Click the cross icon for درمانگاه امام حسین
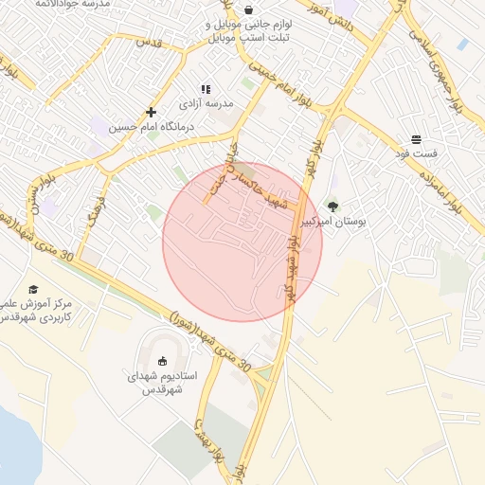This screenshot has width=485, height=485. (151, 112)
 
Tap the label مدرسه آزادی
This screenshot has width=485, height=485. (206, 101)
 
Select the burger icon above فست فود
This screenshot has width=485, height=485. (417, 139)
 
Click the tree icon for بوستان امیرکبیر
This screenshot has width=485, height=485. (332, 207)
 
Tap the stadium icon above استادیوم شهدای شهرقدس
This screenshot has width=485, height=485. (163, 361)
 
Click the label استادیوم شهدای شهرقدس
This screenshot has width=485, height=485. (163, 383)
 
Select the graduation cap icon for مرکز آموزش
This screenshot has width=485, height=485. (33, 289)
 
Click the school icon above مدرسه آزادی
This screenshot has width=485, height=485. (206, 88)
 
